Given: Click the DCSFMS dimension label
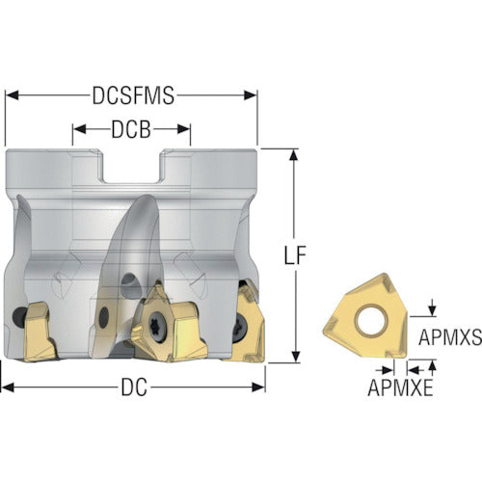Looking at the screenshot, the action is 133,95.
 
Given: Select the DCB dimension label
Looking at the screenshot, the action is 131,129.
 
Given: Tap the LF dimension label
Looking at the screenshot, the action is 295,255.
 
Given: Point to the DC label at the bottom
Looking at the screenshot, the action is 134,388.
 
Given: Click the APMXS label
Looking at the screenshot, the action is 450,337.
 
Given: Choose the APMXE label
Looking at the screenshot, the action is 400,388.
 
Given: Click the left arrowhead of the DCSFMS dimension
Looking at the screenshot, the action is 13,95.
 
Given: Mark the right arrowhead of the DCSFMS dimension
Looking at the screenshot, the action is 251,95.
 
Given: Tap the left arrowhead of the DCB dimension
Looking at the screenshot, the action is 79,129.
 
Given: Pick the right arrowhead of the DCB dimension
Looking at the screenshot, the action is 184,129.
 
